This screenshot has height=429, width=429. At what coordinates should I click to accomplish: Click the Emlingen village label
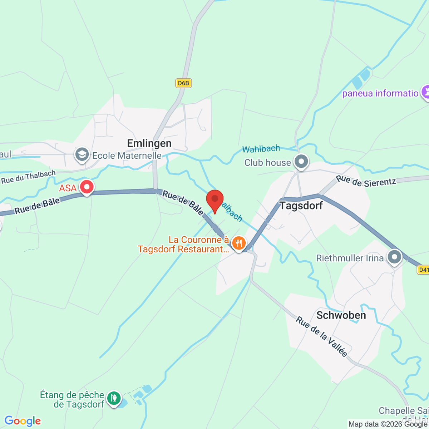tap(149, 143)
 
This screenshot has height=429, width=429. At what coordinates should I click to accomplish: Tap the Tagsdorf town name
tap(301, 206)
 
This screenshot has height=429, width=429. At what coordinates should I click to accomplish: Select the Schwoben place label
tap(341, 315)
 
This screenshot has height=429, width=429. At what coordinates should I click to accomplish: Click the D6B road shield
tap(184, 83)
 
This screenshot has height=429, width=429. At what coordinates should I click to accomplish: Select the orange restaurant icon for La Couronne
tap(238, 243)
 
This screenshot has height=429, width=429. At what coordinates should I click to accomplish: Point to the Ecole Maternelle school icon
tap(82, 156)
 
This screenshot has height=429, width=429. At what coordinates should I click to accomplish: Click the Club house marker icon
tap(301, 162)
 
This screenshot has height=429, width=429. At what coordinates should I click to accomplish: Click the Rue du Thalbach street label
tap(29, 177)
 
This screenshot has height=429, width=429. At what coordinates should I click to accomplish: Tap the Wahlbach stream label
tap(261, 149)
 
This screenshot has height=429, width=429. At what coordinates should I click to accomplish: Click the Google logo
tap(23, 421)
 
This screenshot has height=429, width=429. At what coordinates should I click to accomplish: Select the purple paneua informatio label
tap(380, 94)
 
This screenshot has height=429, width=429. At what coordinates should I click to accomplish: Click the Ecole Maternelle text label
tap(127, 156)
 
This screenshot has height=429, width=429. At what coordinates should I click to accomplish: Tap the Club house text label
tap(267, 163)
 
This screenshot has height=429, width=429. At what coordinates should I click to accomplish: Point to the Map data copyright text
tap(388, 424)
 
